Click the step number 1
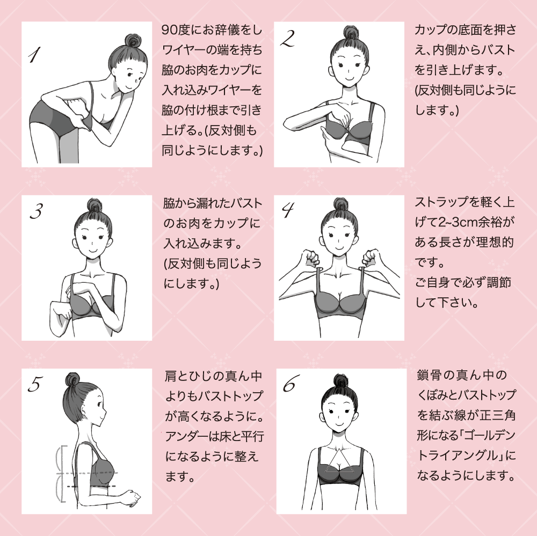point(35,55)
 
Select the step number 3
point(36,212)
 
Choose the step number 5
point(35,385)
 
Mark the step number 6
point(288,385)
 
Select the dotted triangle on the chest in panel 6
point(338,461)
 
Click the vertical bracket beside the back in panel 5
point(63,472)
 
